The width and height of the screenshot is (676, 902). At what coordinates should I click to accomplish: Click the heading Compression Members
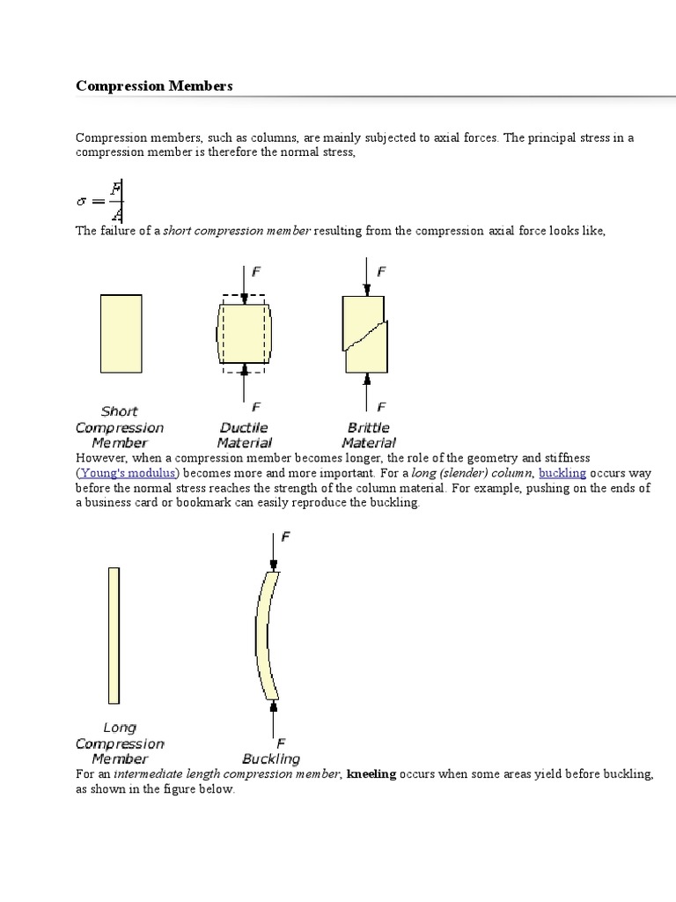[154, 85]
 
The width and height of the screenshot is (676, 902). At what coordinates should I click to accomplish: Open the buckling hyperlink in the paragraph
[562, 473]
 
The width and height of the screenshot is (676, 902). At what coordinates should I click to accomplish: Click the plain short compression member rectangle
[121, 333]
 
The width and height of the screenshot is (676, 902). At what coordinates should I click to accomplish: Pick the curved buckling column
[268, 634]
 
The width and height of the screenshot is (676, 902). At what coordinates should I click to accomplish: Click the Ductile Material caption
[244, 435]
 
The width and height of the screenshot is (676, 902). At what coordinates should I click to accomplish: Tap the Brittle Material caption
[369, 435]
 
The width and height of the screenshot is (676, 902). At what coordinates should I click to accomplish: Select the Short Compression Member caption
[120, 427]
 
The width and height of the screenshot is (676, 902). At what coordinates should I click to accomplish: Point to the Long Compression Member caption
[120, 743]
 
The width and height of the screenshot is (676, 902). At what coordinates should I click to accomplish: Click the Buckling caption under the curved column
[271, 758]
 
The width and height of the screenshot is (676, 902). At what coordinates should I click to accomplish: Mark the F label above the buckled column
[285, 536]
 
